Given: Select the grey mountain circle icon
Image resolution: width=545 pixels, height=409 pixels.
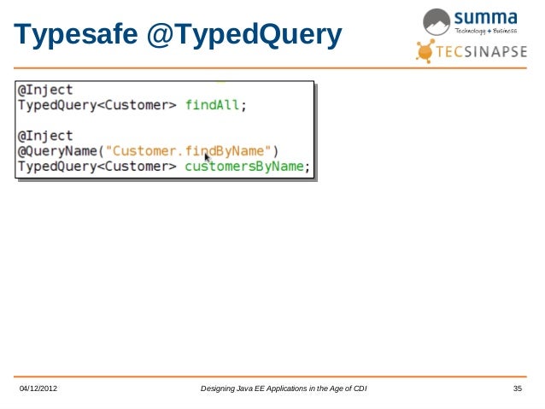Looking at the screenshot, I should [x=437, y=21].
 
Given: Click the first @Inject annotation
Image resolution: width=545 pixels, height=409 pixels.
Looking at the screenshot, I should [x=45, y=90].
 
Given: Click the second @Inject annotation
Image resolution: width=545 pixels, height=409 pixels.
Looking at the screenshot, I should [x=45, y=136].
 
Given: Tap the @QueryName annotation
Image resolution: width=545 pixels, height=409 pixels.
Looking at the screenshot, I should [x=58, y=151].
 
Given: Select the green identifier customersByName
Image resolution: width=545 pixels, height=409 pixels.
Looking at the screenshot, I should [x=244, y=167].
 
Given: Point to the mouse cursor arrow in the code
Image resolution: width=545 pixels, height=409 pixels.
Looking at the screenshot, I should [x=207, y=158].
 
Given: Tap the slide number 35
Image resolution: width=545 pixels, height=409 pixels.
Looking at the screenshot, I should [x=517, y=390].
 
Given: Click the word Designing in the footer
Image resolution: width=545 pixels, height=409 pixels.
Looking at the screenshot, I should [x=220, y=390].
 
